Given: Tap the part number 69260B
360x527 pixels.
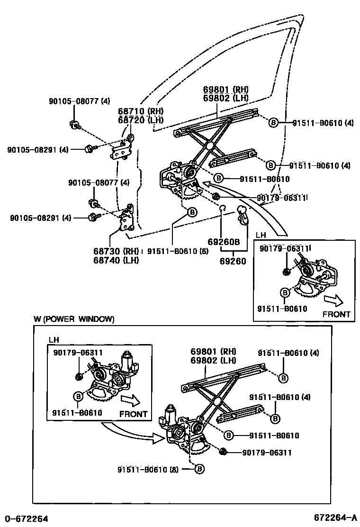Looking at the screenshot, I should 224,242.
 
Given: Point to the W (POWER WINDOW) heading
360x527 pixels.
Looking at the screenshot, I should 74,319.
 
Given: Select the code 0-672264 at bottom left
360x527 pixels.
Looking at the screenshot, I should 27,518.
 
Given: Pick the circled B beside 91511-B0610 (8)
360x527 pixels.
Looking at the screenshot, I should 199,469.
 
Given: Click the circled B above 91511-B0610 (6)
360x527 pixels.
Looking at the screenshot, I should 192,213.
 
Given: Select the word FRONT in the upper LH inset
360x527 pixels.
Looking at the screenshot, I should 336,314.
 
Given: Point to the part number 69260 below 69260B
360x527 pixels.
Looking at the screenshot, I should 233,260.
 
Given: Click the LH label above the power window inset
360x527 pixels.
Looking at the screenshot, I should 54,340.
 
